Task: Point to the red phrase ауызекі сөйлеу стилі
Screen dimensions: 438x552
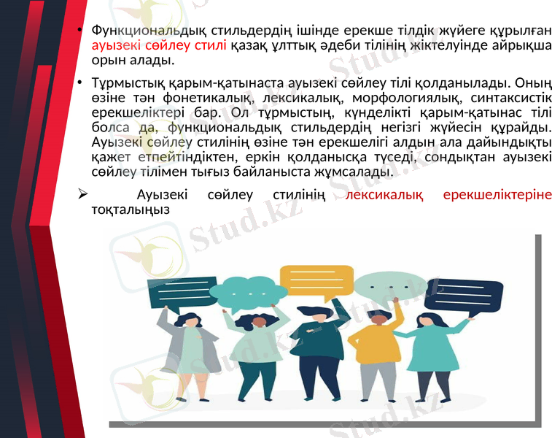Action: click(141, 45)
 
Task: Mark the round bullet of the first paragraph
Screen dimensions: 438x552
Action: click(82, 32)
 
